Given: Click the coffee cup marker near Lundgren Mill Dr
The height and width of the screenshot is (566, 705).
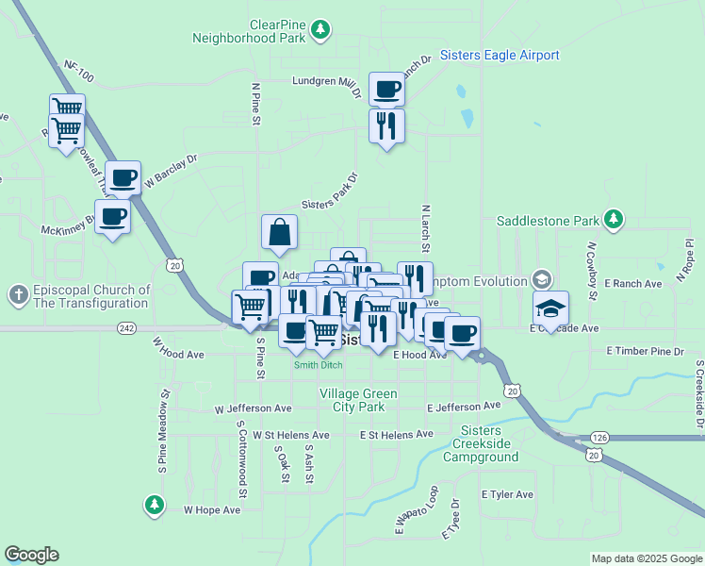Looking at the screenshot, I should coord(386,91).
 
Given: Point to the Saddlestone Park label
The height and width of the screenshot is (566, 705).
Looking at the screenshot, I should coord(549,221).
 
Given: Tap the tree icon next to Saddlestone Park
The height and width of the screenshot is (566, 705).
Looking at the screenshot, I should coord(614,220).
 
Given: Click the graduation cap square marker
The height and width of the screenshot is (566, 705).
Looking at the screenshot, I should coord(551,308).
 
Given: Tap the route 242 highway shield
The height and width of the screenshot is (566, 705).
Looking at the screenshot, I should coord(126,327).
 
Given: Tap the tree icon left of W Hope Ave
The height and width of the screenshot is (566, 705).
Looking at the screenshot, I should coord(155,505).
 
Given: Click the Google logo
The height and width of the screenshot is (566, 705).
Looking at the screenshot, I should coord(31,555).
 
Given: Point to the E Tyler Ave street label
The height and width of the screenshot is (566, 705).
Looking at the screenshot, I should coord(507,494).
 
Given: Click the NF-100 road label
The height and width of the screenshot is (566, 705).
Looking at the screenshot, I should coord(80,69).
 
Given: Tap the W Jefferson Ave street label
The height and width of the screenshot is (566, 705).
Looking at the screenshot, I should coord(254,408).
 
